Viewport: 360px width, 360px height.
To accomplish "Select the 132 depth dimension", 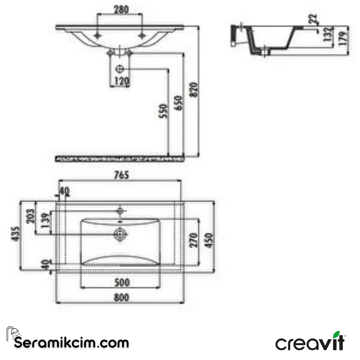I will point(328,33).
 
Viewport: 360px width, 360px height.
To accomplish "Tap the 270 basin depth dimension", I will point(194,240).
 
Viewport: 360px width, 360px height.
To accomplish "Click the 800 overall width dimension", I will point(121,297).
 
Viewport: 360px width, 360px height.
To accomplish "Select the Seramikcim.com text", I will point(71,343).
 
